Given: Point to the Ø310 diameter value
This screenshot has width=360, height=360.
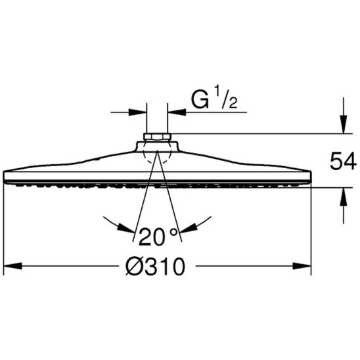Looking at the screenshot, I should [156, 266].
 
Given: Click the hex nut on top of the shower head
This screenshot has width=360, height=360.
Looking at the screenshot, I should [157, 139].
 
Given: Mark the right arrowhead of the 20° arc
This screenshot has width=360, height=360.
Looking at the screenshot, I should [189, 227].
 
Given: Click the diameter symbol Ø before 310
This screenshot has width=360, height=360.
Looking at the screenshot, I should [133, 266].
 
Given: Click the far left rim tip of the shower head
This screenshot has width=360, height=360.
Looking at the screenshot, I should [5, 177].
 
